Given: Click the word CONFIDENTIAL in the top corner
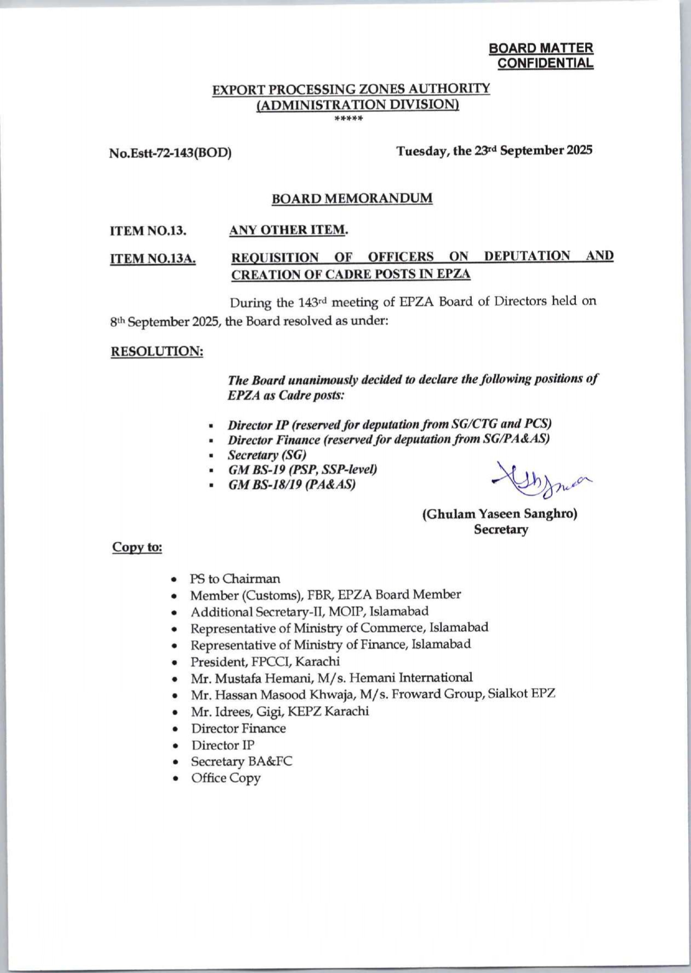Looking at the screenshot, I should (545, 63).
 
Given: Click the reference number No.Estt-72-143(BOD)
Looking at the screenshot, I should (170, 152).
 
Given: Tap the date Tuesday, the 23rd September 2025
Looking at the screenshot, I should (494, 151).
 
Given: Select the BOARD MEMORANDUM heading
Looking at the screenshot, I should (352, 198).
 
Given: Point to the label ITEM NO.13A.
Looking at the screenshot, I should (153, 258).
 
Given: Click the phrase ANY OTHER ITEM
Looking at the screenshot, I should (288, 230).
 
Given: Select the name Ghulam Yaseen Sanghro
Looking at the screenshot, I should (499, 514).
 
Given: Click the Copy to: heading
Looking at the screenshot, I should (137, 547).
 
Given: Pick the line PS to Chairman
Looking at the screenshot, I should (235, 579).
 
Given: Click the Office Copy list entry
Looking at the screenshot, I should (226, 778).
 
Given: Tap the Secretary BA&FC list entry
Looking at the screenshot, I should (242, 761).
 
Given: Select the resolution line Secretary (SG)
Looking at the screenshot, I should (267, 455).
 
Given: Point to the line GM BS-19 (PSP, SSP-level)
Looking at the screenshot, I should (302, 470).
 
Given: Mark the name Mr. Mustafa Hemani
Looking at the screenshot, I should (244, 678).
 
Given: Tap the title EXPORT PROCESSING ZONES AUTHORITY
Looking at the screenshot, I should (351, 89).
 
